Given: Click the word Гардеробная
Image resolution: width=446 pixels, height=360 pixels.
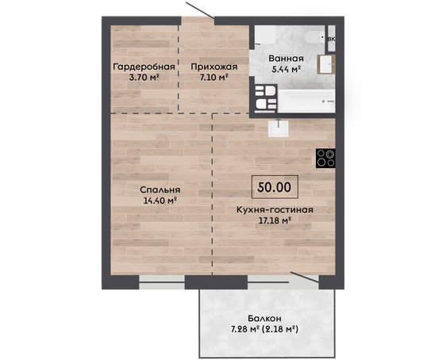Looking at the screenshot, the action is click(144, 67).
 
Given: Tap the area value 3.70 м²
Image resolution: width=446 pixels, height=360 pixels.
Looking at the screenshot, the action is click(144, 77).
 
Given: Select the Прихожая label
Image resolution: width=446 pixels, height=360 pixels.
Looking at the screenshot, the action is click(214, 67).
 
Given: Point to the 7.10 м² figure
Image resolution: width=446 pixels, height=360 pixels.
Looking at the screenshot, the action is click(214, 77).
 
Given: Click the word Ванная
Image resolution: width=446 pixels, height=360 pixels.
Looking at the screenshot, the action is click(286, 59).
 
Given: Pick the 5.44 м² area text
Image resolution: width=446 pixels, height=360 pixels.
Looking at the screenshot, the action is click(286, 69).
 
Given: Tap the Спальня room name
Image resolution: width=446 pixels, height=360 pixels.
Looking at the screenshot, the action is click(160, 190).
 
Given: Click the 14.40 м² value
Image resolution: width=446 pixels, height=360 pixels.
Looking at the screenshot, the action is click(160, 201).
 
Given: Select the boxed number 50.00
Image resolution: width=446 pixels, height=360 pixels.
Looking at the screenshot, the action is click(275, 187).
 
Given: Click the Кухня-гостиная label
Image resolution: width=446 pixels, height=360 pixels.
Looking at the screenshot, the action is click(275, 210).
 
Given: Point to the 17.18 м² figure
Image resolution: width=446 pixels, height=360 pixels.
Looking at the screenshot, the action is click(275, 220).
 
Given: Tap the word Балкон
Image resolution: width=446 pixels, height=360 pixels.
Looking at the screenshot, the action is click(264, 319).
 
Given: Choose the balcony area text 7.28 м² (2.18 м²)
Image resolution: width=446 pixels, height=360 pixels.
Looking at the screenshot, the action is click(264, 329).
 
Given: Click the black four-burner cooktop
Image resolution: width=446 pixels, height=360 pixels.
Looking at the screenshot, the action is click(325, 158).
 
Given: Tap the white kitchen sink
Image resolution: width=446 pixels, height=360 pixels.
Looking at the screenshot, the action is click(279, 128).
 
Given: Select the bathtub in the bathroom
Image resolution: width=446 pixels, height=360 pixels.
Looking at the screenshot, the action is click(306, 101).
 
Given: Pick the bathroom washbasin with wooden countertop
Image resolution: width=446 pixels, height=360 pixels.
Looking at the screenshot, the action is click(326, 64).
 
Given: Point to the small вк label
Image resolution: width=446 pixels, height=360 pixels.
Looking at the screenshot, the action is click(332, 39).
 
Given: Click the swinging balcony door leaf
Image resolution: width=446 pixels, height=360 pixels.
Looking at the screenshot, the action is click(305, 278).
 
